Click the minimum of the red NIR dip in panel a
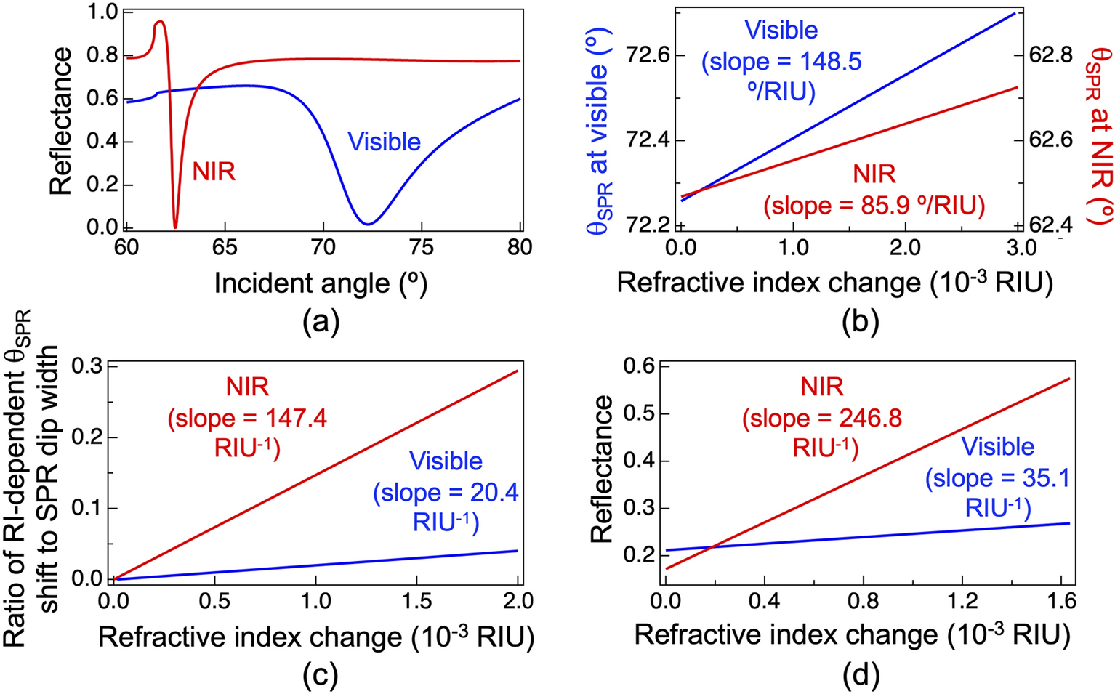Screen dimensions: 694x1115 click(175, 226)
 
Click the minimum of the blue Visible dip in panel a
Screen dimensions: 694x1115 click(369, 223)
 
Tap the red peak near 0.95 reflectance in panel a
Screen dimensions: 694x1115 click(159, 22)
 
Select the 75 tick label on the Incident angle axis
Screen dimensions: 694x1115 click(422, 248)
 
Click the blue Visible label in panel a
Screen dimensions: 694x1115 click(384, 142)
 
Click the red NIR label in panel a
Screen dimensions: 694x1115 click(214, 172)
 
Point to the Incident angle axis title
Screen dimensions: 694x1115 click(321, 283)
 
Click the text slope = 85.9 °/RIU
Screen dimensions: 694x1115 click(874, 206)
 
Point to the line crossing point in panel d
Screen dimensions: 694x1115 click(714, 546)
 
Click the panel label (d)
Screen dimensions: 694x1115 click(861, 676)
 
